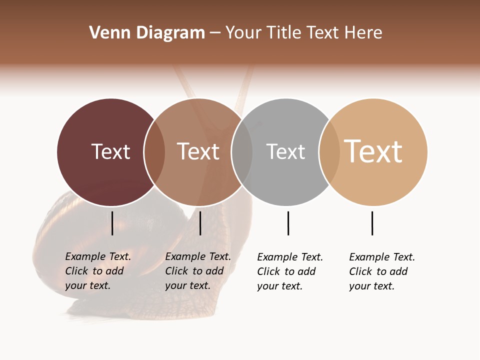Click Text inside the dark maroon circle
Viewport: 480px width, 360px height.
110,151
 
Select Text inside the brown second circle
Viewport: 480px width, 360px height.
198,151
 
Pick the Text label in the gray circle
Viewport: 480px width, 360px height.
285,152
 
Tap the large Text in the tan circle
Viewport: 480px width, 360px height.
373,151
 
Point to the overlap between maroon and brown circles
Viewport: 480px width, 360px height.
154,152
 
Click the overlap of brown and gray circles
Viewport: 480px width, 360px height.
242,152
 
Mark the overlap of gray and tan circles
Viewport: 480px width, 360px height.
329,152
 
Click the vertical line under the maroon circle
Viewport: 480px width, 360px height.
112,223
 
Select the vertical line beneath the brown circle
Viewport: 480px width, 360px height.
200,223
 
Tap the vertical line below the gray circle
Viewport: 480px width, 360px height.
288,223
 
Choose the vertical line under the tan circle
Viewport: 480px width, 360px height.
372,223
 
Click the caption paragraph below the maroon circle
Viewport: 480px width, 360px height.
98,271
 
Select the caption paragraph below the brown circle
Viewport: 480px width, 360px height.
198,271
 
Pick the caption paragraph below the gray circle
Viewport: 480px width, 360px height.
290,271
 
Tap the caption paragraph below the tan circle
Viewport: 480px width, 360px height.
382,271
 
